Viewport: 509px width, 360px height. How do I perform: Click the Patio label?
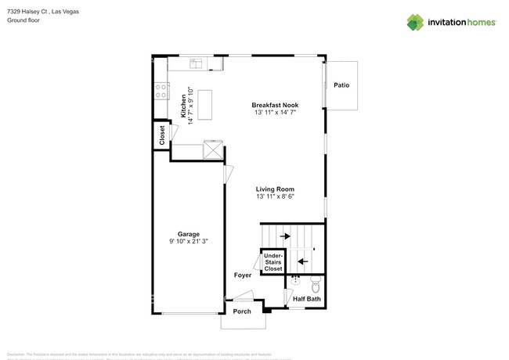(341, 85)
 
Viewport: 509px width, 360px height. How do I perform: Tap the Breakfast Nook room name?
(275, 105)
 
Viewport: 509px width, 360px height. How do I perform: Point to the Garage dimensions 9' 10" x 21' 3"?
(188, 242)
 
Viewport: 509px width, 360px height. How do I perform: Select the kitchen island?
(206, 105)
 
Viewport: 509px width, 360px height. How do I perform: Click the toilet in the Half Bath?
(315, 283)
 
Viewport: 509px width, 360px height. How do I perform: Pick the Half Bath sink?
(295, 279)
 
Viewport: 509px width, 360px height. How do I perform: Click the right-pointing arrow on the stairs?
(285, 236)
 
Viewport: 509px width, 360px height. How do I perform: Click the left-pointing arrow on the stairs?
(303, 261)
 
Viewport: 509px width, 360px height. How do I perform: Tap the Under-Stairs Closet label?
(273, 261)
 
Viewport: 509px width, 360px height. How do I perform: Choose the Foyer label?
(243, 275)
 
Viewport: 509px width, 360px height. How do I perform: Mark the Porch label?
(242, 311)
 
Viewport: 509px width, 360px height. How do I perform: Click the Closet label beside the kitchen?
(161, 135)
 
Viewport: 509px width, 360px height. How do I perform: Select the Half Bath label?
(306, 299)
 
